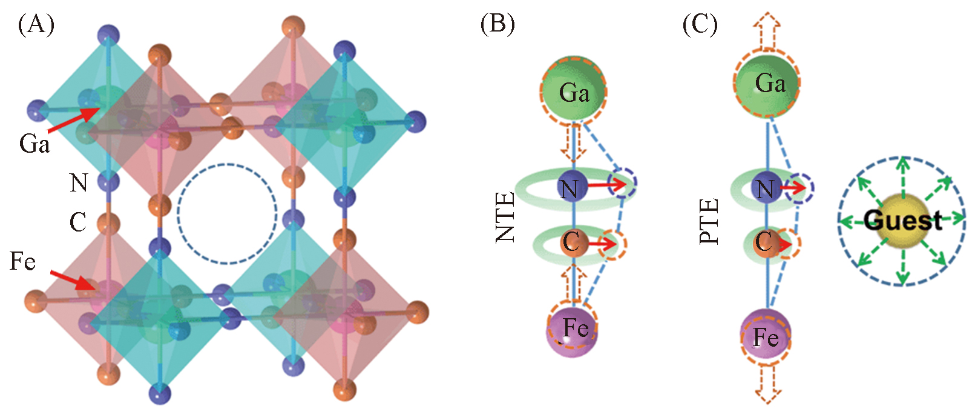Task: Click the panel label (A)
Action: click(x=36, y=25)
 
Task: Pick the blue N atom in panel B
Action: click(x=572, y=188)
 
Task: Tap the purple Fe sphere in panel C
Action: click(x=766, y=335)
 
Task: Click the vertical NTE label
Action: click(x=505, y=217)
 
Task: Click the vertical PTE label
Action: click(x=709, y=221)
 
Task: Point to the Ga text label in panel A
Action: click(x=34, y=144)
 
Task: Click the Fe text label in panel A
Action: click(x=22, y=261)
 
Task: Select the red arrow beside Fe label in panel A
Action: click(x=72, y=280)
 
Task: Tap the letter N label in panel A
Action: click(x=79, y=182)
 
